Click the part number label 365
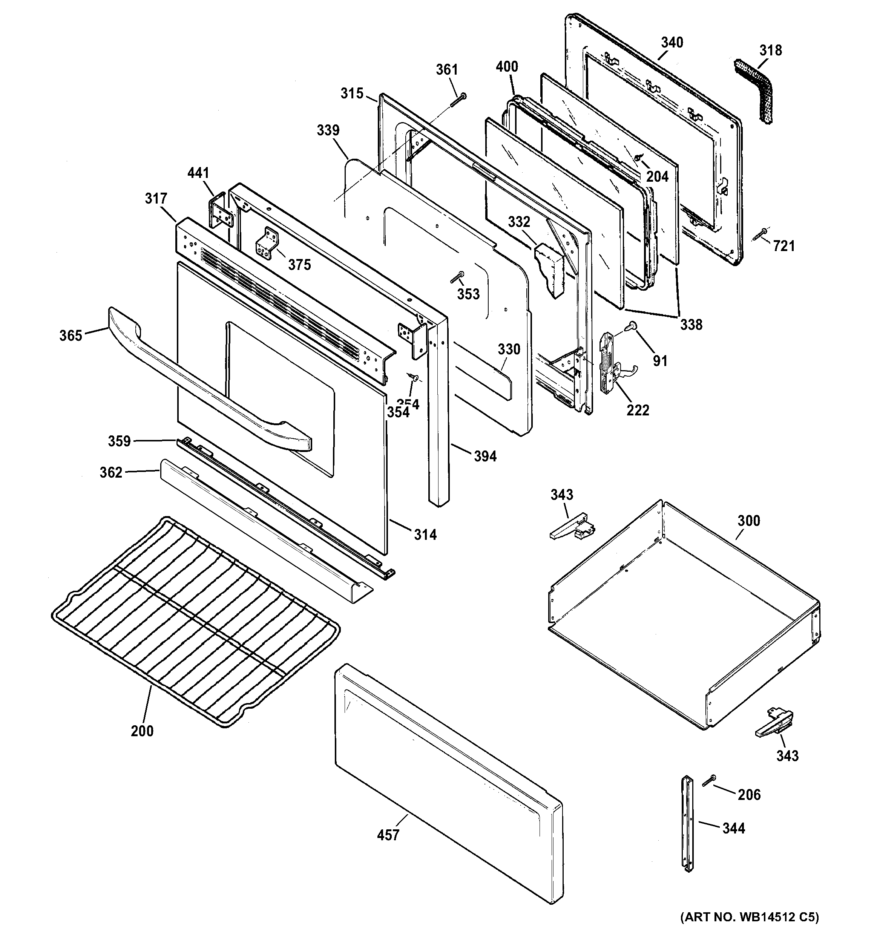(x=71, y=336)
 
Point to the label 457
(x=388, y=835)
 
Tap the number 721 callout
(x=783, y=246)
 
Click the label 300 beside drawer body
(x=748, y=521)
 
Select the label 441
(x=198, y=173)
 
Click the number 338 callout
(x=691, y=324)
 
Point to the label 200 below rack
(x=142, y=731)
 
